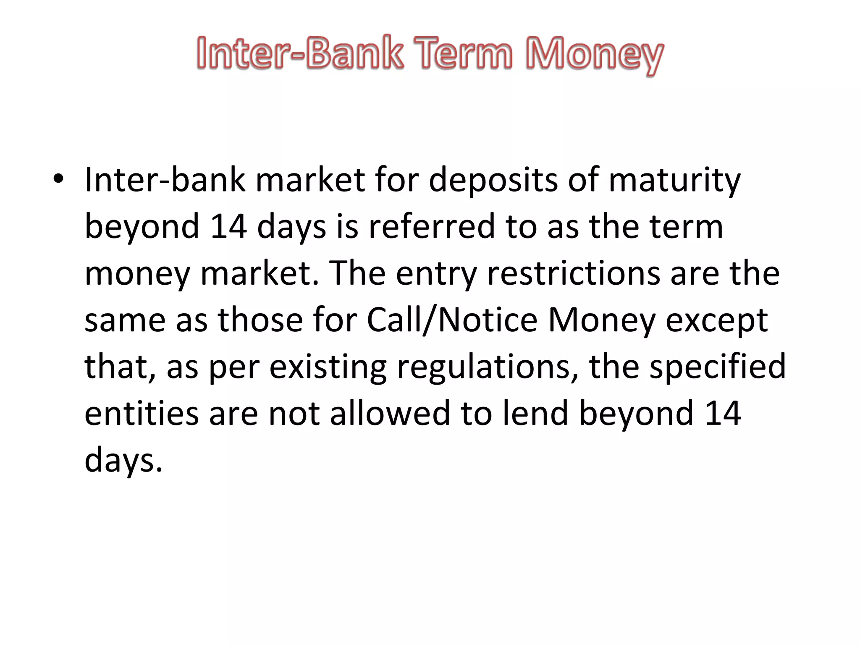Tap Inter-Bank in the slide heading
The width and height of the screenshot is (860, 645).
coord(300,53)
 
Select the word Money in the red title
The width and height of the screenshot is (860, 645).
coord(595,55)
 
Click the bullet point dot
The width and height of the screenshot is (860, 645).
coord(58,180)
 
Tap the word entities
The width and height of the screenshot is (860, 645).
coord(142,414)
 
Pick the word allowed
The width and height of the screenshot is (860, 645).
coord(390,414)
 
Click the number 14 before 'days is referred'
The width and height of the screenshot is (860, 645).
coord(228,227)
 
